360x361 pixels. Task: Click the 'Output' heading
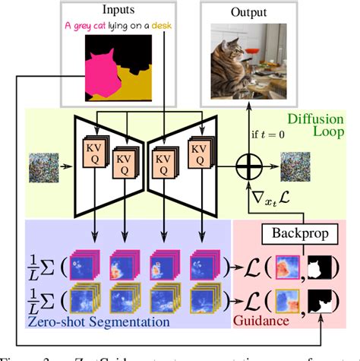pos(242,13)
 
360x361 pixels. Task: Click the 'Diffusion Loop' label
pos(307,130)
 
